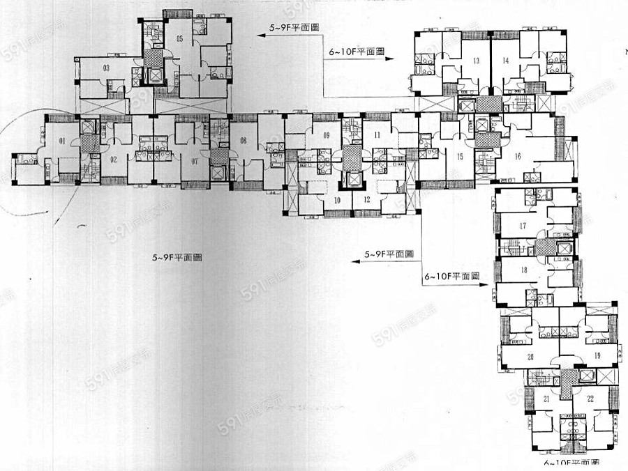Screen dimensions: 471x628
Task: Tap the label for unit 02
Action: tap(113, 158)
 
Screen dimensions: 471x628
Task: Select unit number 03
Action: tap(106, 68)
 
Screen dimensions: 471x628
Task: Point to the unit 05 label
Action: tap(179, 38)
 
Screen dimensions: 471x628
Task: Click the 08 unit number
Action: tap(244, 141)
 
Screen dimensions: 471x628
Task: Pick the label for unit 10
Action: tap(337, 200)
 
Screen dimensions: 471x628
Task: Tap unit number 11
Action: tap(377, 134)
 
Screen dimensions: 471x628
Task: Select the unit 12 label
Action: tap(366, 200)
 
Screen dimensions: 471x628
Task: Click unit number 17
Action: tap(523, 225)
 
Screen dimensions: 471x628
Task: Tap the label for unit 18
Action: tap(523, 270)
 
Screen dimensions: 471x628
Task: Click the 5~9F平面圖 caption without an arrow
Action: tap(177, 257)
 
